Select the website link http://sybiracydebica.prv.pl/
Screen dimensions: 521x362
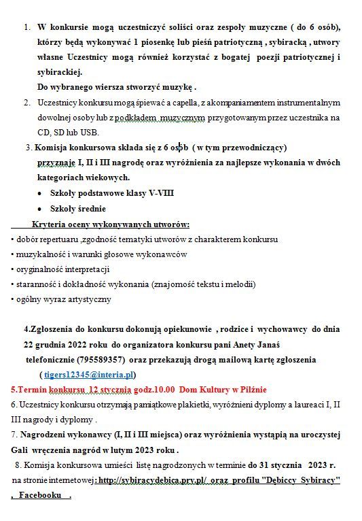(153, 480)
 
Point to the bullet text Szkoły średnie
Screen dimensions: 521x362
(78, 209)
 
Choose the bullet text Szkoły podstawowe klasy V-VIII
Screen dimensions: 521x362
(111, 193)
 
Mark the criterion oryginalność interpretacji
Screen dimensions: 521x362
(62, 269)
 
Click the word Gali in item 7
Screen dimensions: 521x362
(21, 450)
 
